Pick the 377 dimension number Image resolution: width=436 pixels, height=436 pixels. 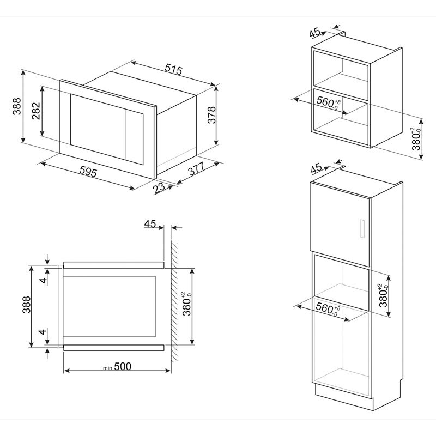(196, 170)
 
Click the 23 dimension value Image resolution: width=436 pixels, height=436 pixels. (159, 189)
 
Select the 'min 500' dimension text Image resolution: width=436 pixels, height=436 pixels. (118, 367)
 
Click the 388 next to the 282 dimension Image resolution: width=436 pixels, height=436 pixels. (17, 107)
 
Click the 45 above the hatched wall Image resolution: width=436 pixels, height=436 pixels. (150, 224)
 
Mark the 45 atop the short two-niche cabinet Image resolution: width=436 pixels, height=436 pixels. (315, 33)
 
